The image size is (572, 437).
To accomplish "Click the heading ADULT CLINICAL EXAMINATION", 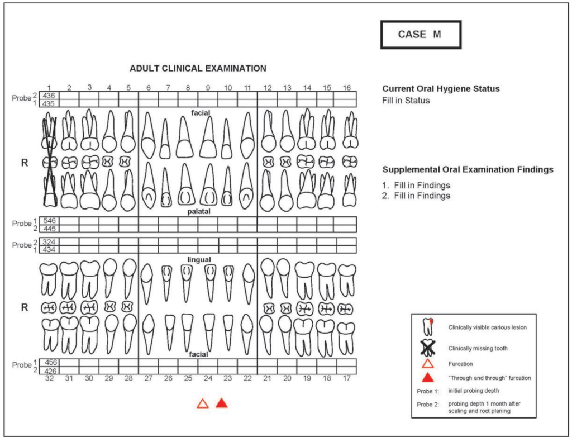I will click(x=198, y=68).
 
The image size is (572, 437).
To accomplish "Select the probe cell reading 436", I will click(x=50, y=96).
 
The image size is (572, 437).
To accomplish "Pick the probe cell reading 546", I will click(x=50, y=221).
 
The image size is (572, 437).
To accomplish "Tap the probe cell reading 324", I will click(x=50, y=242).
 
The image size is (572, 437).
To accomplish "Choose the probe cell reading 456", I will click(x=50, y=363).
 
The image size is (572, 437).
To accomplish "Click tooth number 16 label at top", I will click(x=347, y=88).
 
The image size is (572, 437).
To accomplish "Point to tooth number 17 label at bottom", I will click(x=347, y=378).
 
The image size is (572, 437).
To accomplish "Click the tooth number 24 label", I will click(x=208, y=378).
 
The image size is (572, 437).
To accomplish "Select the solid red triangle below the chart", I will click(x=222, y=403).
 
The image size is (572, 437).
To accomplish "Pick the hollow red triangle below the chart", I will click(x=203, y=403).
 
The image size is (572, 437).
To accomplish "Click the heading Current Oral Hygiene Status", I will click(x=441, y=89).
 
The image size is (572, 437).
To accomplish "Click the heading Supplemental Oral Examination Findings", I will click(x=468, y=169).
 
